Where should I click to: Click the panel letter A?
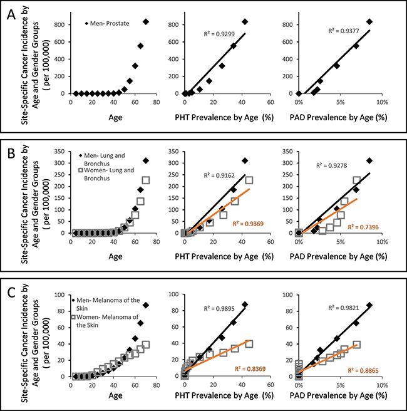pyautogui.click(x=11, y=14)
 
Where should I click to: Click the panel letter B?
pyautogui.click(x=11, y=153)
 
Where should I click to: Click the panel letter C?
pyautogui.click(x=11, y=293)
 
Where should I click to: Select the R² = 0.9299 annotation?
pyautogui.click(x=219, y=34)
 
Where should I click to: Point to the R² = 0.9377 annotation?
pyautogui.click(x=344, y=31)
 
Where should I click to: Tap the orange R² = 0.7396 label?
pyautogui.click(x=363, y=227)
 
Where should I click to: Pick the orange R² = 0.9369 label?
pyautogui.click(x=248, y=224)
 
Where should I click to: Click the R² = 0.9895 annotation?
pyautogui.click(x=219, y=308)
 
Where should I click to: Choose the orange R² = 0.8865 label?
pyautogui.click(x=363, y=370)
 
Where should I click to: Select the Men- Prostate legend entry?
pyautogui.click(x=107, y=23)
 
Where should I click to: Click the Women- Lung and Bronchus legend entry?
pyautogui.click(x=106, y=174)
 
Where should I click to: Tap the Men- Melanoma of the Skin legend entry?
pyautogui.click(x=106, y=304)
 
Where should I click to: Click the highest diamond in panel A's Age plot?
pyautogui.click(x=146, y=21)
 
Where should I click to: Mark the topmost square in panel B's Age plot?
pyautogui.click(x=146, y=180)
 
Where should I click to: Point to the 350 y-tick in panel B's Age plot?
pyautogui.click(x=59, y=151)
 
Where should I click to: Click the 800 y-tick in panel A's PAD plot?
pyautogui.click(x=288, y=24)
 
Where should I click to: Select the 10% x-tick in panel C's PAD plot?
pyautogui.click(x=382, y=385)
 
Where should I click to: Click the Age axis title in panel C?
pyautogui.click(x=115, y=395)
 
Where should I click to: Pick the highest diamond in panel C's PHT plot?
pyautogui.click(x=245, y=304)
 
